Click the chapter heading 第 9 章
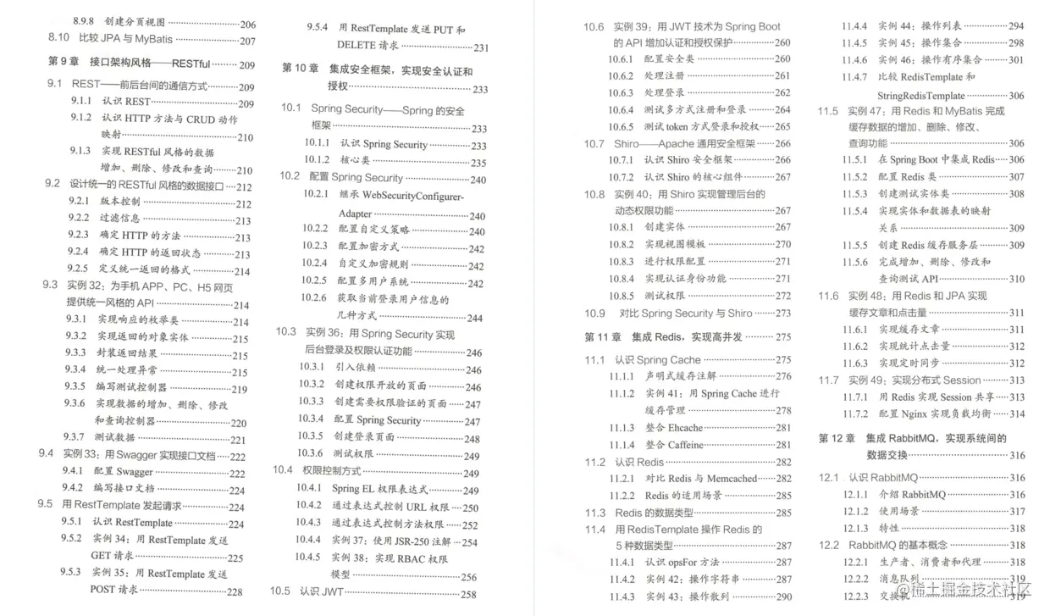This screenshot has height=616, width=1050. pos(64,63)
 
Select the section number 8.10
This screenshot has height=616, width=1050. pos(58,39)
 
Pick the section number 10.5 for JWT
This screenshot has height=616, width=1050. pos(279,591)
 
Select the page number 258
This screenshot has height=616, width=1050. pos(468,595)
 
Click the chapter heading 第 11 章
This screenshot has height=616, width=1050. pos(603,337)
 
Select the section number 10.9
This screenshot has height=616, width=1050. pos(594,314)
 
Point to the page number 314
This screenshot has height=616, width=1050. pos(1016,414)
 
